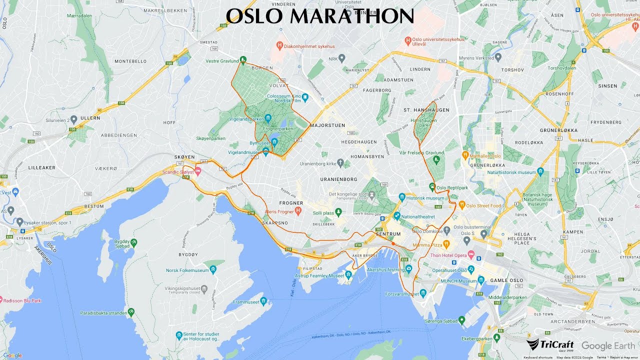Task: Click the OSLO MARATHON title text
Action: pos(320,16)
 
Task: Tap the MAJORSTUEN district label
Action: pos(327,125)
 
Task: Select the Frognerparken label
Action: pos(278,129)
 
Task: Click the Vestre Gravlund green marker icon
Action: pos(243,60)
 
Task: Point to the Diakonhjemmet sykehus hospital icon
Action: pos(280,46)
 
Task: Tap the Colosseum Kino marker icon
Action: pos(304,97)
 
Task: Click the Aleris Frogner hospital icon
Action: pos(298,210)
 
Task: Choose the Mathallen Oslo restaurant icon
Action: pos(465,155)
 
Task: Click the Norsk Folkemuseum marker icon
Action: pos(213,270)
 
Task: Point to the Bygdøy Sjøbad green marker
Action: pos(133,242)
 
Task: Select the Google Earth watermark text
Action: pos(608,346)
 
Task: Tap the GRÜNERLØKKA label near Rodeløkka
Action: pos(558,130)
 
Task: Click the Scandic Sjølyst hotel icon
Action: pos(198,171)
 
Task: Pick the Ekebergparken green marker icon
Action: pos(496,338)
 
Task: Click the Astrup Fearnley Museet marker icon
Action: pos(348,274)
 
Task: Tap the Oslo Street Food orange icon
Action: pos(462,205)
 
